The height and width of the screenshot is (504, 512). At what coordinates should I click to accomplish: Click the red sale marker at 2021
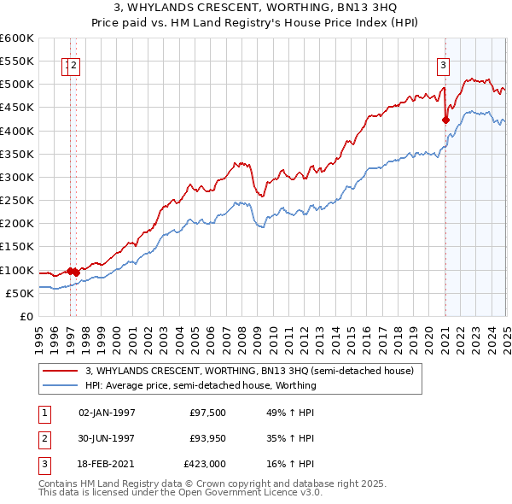coord(445,120)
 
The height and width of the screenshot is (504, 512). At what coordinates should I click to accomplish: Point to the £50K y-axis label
coord(20,293)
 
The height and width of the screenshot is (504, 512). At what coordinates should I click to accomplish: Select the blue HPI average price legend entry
coord(201,385)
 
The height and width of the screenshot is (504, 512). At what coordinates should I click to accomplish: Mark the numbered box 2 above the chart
coord(74,66)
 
